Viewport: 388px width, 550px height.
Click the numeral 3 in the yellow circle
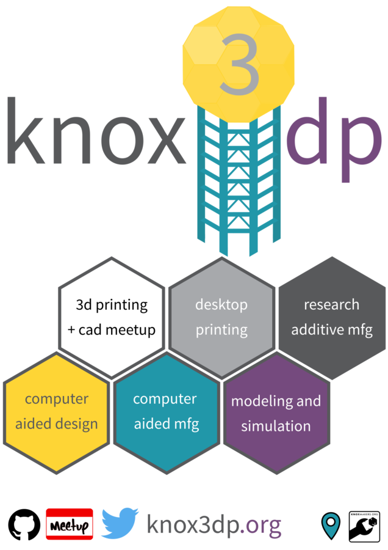click(x=239, y=64)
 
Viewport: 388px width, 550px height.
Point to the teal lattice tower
click(x=239, y=183)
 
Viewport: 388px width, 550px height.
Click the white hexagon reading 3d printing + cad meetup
click(x=112, y=317)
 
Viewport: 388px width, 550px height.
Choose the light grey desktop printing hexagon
click(x=221, y=317)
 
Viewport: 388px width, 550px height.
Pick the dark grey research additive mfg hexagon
click(x=331, y=317)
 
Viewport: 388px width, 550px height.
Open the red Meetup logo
click(x=70, y=524)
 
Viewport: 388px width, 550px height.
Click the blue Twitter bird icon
click(x=120, y=524)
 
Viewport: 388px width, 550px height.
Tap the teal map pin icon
click(x=331, y=525)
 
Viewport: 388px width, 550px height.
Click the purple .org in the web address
click(x=260, y=525)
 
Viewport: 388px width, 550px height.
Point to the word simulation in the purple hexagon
click(x=276, y=426)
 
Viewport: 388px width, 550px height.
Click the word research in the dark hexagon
click(x=331, y=304)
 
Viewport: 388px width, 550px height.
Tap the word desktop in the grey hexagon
click(x=221, y=304)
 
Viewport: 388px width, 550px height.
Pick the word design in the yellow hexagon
click(x=78, y=424)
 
